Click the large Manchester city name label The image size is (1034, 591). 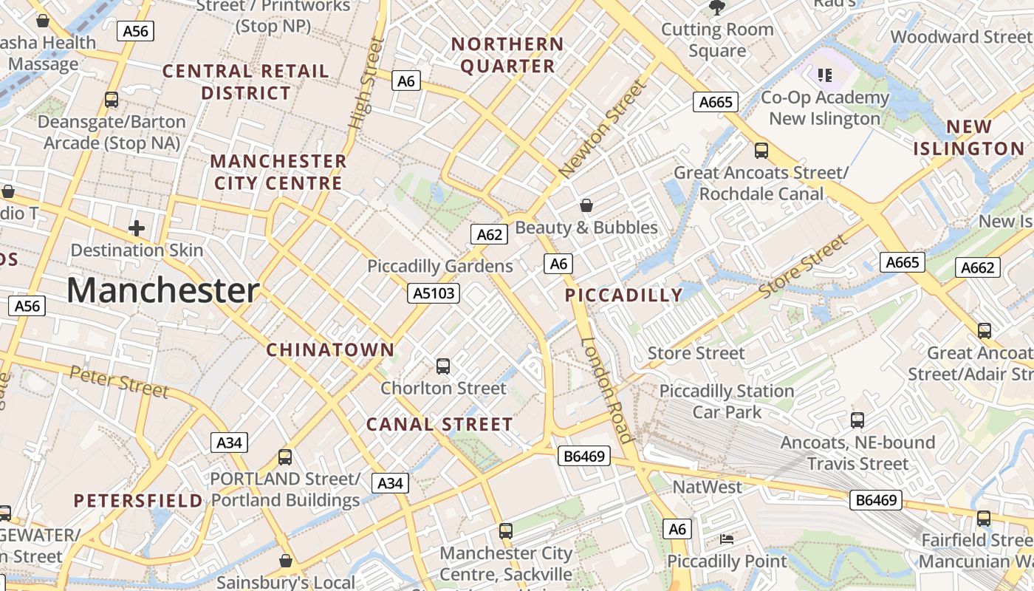(x=162, y=290)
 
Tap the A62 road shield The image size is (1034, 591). (x=489, y=235)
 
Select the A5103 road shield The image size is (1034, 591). (x=434, y=293)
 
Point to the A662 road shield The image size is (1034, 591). (x=978, y=267)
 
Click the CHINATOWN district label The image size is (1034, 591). (x=330, y=350)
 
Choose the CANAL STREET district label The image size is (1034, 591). (x=439, y=425)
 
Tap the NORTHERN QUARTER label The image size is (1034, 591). (x=507, y=55)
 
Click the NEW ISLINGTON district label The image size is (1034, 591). (x=968, y=138)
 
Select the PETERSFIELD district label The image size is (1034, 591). (x=138, y=501)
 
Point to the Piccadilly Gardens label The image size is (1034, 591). (x=439, y=266)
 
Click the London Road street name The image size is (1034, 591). (x=607, y=390)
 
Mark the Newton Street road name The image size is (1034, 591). (x=603, y=129)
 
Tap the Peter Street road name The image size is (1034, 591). (x=119, y=381)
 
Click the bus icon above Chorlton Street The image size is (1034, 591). (x=443, y=366)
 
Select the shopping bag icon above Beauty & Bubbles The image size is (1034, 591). (x=586, y=205)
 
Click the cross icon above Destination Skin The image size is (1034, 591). (x=137, y=228)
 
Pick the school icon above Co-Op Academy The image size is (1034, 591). (x=825, y=75)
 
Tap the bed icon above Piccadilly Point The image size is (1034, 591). (x=727, y=539)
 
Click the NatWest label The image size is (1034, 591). (x=707, y=487)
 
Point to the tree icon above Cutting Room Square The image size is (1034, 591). (x=716, y=7)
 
